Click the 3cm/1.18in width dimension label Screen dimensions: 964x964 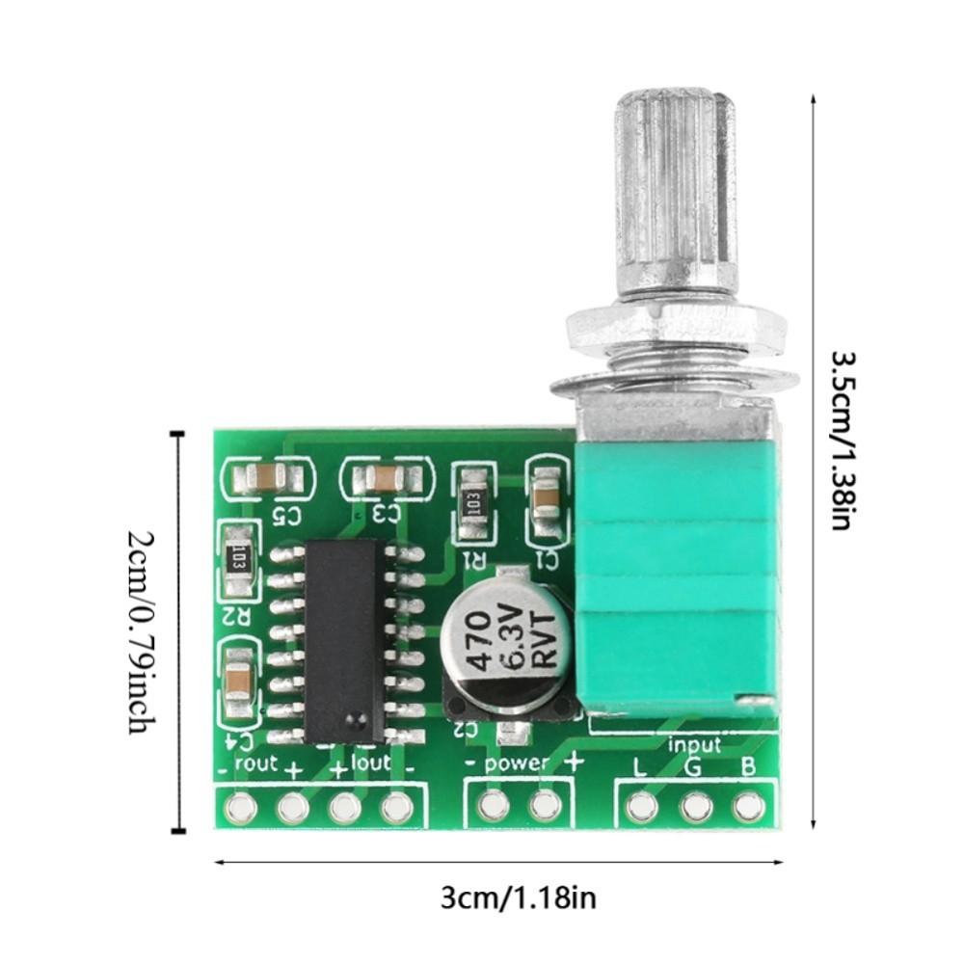(518, 898)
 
